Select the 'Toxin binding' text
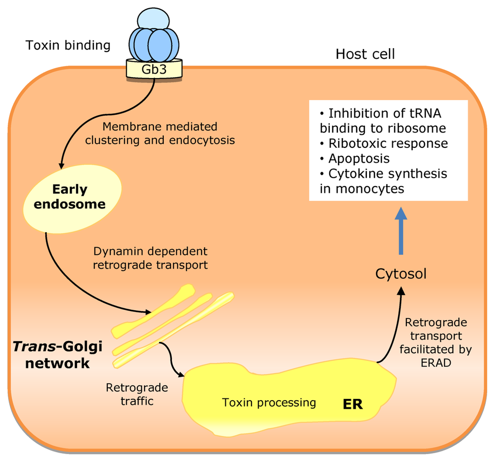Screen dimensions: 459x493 click(68, 45)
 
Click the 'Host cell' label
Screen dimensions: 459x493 click(365, 54)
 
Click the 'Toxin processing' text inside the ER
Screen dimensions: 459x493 click(269, 402)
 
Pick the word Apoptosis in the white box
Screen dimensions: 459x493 click(359, 158)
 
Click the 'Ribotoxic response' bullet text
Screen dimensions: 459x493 click(388, 144)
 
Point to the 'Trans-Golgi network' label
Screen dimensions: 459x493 click(58, 354)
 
